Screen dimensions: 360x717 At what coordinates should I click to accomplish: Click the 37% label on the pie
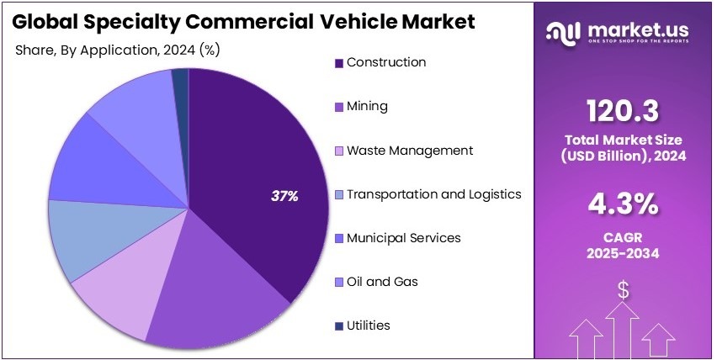pos(284,196)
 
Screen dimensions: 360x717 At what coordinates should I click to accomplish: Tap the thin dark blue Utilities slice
pos(180,78)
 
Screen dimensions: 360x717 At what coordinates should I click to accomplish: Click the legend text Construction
pos(386,62)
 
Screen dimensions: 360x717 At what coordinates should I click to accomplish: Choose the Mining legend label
pos(367,107)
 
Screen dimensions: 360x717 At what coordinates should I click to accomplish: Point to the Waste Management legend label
pos(410,151)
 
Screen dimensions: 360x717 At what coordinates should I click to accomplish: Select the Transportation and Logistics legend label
pos(434,194)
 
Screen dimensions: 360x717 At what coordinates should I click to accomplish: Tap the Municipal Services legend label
pos(404,238)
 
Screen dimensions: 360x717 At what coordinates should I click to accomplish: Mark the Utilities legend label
pos(369,326)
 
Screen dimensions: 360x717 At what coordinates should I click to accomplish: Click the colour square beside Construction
pos(339,63)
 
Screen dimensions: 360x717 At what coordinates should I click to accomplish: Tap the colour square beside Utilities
pos(339,326)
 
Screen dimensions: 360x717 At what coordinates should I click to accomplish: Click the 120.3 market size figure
pos(624,110)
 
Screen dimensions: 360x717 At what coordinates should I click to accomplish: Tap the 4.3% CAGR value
pos(624,205)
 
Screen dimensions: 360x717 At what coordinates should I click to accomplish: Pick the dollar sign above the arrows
pos(624,290)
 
